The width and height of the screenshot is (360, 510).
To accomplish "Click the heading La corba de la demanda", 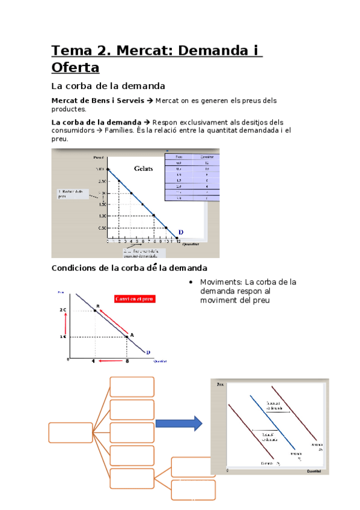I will click(x=108, y=86).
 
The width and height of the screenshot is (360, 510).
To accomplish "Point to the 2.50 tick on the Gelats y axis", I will click(x=101, y=181).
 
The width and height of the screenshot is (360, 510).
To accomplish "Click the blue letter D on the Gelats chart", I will click(x=180, y=232).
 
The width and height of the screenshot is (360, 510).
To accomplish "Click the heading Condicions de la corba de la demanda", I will click(x=129, y=268).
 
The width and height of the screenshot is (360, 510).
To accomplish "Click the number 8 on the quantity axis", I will click(x=127, y=361).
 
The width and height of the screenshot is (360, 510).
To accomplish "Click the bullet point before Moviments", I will click(x=190, y=283).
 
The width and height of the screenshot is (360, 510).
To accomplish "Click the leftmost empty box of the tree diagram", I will click(x=70, y=432).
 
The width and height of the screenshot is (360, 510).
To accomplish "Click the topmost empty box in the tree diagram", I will click(x=132, y=387).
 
